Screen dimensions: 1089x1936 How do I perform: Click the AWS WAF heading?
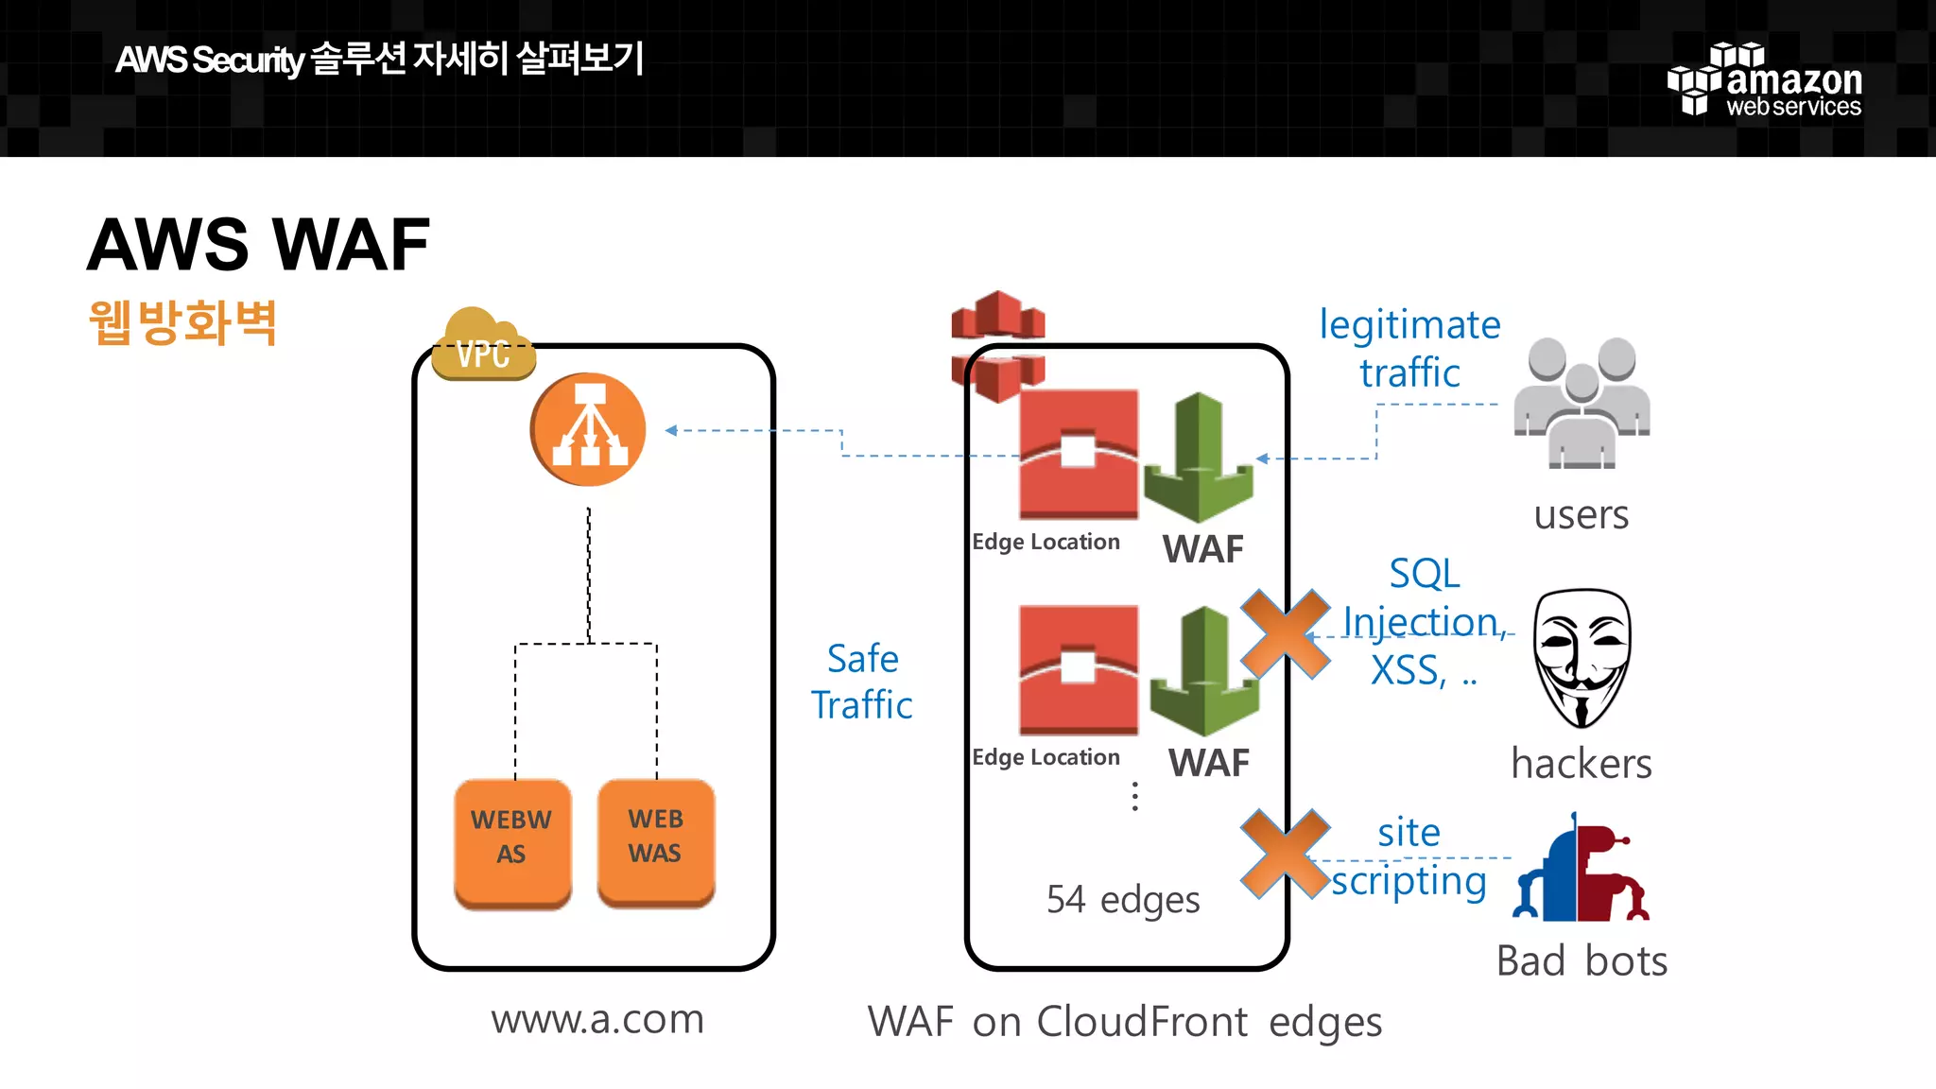pyautogui.click(x=258, y=245)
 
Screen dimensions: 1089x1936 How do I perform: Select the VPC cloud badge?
pyautogui.click(x=483, y=346)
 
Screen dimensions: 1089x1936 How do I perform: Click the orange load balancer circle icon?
pyautogui.click(x=588, y=430)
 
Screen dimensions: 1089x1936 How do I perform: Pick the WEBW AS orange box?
pyautogui.click(x=512, y=841)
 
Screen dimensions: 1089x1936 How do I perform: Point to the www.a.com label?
pyautogui.click(x=597, y=1019)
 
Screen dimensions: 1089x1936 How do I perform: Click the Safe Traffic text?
pyautogui.click(x=862, y=682)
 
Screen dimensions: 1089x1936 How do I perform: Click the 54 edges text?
pyautogui.click(x=1123, y=899)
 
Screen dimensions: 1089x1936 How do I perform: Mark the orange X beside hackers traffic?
pyautogui.click(x=1285, y=633)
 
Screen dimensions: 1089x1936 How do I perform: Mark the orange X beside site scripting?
pyautogui.click(x=1285, y=854)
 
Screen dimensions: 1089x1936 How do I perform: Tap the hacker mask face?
pyautogui.click(x=1582, y=658)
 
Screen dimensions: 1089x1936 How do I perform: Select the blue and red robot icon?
pyautogui.click(x=1582, y=870)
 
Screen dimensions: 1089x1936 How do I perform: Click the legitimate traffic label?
pyautogui.click(x=1409, y=348)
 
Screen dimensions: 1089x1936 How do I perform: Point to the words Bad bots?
pyautogui.click(x=1582, y=961)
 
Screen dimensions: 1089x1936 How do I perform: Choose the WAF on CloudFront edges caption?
pyautogui.click(x=1125, y=1022)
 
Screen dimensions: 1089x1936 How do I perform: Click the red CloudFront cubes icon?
pyautogui.click(x=997, y=345)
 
